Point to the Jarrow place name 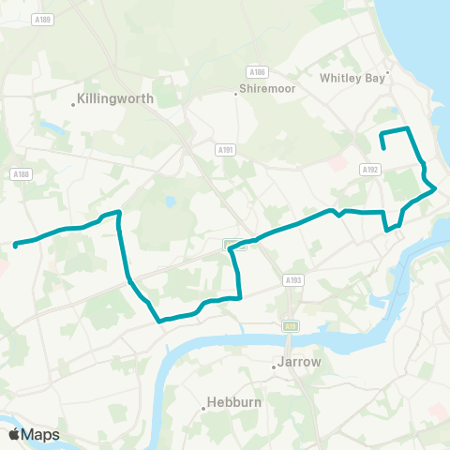point(300,362)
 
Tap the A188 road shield point(21,173)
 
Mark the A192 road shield point(368,170)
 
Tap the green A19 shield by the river point(290,325)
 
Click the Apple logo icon point(14,434)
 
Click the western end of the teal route point(16,246)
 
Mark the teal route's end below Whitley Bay point(384,149)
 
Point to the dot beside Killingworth point(74,104)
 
